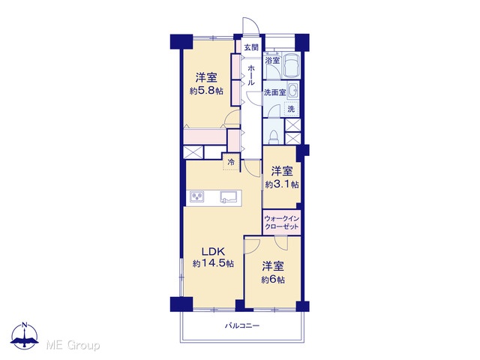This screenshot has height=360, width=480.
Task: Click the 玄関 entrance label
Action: coord(251,47)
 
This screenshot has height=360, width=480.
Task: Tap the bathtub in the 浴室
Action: coord(291,65)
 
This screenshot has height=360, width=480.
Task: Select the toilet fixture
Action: coord(273,136)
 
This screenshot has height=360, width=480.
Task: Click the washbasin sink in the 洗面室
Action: coord(293,91)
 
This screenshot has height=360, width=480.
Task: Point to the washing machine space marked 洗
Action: coord(292,109)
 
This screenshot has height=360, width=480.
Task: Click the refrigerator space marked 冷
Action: coord(231,162)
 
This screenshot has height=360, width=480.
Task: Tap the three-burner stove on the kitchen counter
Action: coord(196,196)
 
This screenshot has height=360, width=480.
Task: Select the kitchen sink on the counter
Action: coord(228,196)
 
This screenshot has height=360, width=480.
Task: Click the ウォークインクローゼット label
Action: coord(282,223)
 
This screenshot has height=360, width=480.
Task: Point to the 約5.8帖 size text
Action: coord(206,91)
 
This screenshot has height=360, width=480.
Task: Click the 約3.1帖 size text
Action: coord(282,184)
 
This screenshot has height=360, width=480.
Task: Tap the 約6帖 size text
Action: coord(273,280)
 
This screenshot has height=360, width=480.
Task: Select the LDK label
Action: coord(213,251)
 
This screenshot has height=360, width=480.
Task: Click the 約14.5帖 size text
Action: coord(213,263)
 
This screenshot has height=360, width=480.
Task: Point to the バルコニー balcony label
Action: coord(242,325)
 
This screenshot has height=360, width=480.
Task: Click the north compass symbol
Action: coord(25,336)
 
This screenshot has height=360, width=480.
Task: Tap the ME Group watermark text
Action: coord(73,346)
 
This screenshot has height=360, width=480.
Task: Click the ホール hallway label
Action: coord(251,75)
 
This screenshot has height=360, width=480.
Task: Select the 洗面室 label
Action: coord(275,92)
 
